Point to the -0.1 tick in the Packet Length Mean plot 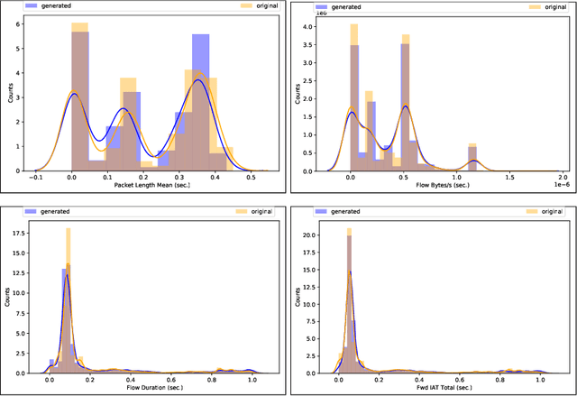35,178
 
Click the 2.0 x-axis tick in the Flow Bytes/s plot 563,178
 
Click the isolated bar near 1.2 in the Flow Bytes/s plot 472,157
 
